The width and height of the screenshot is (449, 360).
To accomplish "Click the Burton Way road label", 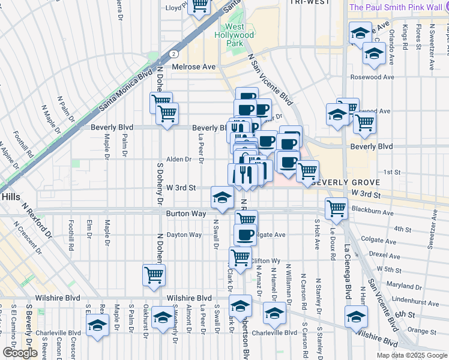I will [186, 213].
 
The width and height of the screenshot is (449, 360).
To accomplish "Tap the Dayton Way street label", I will [184, 235].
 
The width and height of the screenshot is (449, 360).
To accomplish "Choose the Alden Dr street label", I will [178, 159].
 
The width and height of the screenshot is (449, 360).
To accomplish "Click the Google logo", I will [20, 353].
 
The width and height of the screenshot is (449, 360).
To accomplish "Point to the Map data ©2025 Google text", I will [411, 355].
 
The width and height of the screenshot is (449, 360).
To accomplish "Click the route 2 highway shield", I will [173, 53].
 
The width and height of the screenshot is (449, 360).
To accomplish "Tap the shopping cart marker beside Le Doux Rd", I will [336, 208].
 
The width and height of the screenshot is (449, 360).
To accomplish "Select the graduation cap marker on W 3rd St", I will [222, 197].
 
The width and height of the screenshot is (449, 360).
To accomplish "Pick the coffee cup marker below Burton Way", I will [244, 234].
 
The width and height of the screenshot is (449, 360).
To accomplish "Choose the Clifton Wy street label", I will [265, 260].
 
